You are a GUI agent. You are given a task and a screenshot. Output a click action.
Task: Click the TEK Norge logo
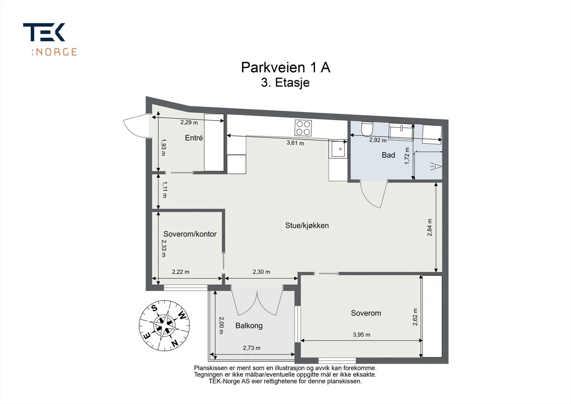click(50, 39)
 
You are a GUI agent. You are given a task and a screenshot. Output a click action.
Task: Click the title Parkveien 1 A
click(285, 68)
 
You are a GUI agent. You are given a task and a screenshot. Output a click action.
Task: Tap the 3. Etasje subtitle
click(285, 83)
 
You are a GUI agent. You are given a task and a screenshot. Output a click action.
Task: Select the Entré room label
click(194, 138)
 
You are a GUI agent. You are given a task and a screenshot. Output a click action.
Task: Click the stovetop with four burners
click(303, 128)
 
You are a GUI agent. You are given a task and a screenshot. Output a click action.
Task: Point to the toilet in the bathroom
click(367, 129)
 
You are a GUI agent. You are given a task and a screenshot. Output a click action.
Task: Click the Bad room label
click(388, 155)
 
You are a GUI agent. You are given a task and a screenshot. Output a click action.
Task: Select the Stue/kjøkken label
click(307, 225)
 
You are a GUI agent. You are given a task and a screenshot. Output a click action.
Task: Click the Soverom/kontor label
click(190, 234)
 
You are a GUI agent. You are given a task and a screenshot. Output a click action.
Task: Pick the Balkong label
click(249, 326)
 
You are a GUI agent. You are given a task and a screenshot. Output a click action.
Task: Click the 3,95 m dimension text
click(362, 335)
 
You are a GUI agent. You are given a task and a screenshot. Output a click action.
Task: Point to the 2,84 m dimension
click(430, 228)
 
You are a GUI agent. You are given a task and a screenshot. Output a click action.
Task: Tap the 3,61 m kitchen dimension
click(295, 143)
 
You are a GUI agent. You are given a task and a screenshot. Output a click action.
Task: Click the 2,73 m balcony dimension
click(252, 348)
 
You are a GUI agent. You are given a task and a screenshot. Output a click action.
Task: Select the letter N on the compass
click(175, 344)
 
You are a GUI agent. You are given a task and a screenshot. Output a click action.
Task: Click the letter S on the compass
click(154, 308)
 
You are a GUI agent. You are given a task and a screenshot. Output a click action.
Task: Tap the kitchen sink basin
click(338, 149)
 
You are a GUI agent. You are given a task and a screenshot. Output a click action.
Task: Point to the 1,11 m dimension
click(165, 190)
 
